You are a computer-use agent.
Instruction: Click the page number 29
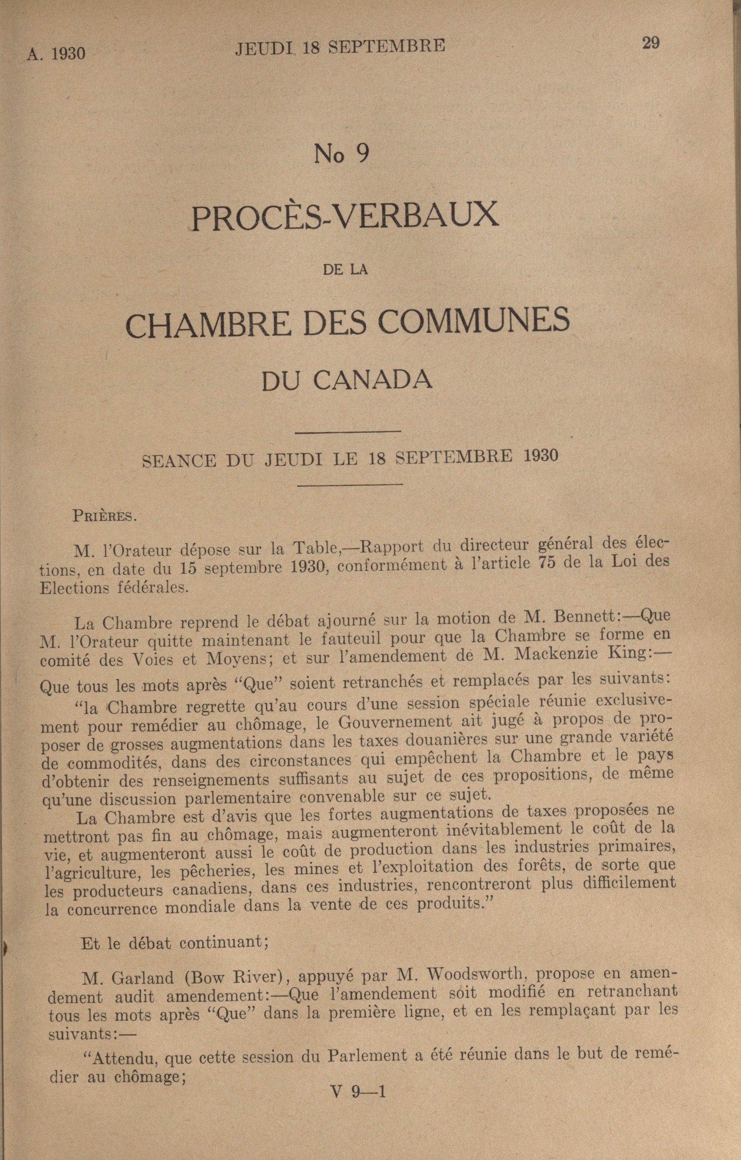pos(650,43)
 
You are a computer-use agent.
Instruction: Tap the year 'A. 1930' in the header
pos(57,53)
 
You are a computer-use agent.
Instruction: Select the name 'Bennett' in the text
pos(593,617)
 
